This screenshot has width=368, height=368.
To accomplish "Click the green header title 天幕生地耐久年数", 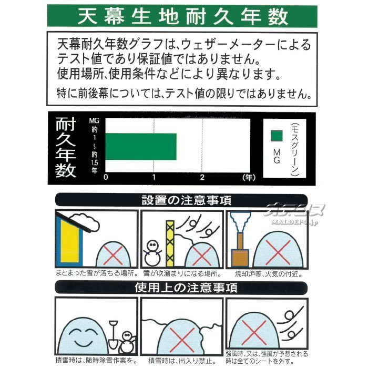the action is click(x=183, y=16).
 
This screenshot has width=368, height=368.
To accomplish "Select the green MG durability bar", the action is click(x=141, y=147).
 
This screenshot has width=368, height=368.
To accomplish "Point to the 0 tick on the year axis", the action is click(x=106, y=177).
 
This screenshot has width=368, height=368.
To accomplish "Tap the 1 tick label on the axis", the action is click(x=154, y=177).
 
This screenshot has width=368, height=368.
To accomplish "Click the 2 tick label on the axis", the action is click(x=202, y=177).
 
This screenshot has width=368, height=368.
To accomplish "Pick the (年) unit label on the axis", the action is click(x=249, y=178).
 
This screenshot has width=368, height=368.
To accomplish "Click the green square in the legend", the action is click(x=277, y=136).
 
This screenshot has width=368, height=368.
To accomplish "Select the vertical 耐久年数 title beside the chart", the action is click(x=66, y=148).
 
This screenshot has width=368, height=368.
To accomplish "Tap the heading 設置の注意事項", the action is click(x=186, y=200).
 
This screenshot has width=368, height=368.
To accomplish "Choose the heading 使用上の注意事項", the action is click(x=186, y=288).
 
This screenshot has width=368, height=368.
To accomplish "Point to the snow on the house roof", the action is click(x=85, y=221).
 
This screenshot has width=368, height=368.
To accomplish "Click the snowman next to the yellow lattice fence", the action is click(x=152, y=253).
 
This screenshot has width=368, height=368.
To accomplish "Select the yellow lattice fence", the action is click(x=170, y=243).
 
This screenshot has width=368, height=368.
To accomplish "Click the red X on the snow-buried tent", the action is click(x=182, y=340).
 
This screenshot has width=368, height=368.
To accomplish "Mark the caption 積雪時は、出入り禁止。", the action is click(x=182, y=361).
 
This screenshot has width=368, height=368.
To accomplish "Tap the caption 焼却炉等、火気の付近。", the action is click(x=269, y=274).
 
